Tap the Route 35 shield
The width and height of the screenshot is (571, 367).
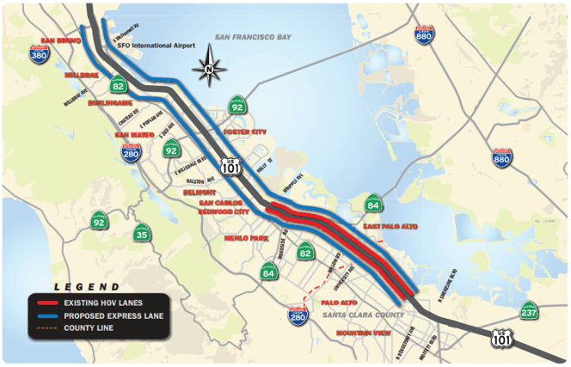(x=142, y=232)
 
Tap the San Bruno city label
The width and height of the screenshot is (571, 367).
(x=60, y=40)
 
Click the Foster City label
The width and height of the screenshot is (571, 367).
(x=245, y=132)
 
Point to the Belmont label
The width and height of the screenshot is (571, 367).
(x=198, y=194)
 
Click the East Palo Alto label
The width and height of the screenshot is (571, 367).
(x=390, y=226)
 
